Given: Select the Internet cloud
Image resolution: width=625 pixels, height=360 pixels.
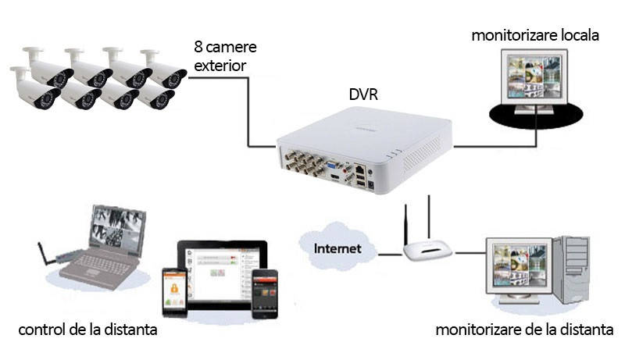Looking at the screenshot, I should point(337,249).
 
